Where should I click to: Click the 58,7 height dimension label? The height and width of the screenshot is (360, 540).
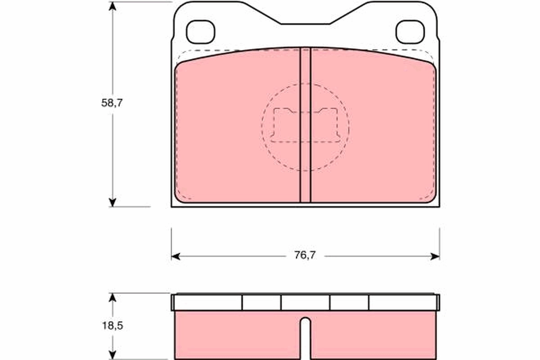112,103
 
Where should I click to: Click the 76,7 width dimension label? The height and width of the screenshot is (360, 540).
305,256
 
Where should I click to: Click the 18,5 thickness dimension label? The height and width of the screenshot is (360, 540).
112,325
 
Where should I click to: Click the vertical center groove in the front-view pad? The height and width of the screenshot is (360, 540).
305,126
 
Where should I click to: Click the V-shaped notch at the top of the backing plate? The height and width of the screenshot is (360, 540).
305,18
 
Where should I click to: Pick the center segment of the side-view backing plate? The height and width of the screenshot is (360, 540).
305,302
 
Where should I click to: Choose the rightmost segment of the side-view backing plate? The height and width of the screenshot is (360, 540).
403,302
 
